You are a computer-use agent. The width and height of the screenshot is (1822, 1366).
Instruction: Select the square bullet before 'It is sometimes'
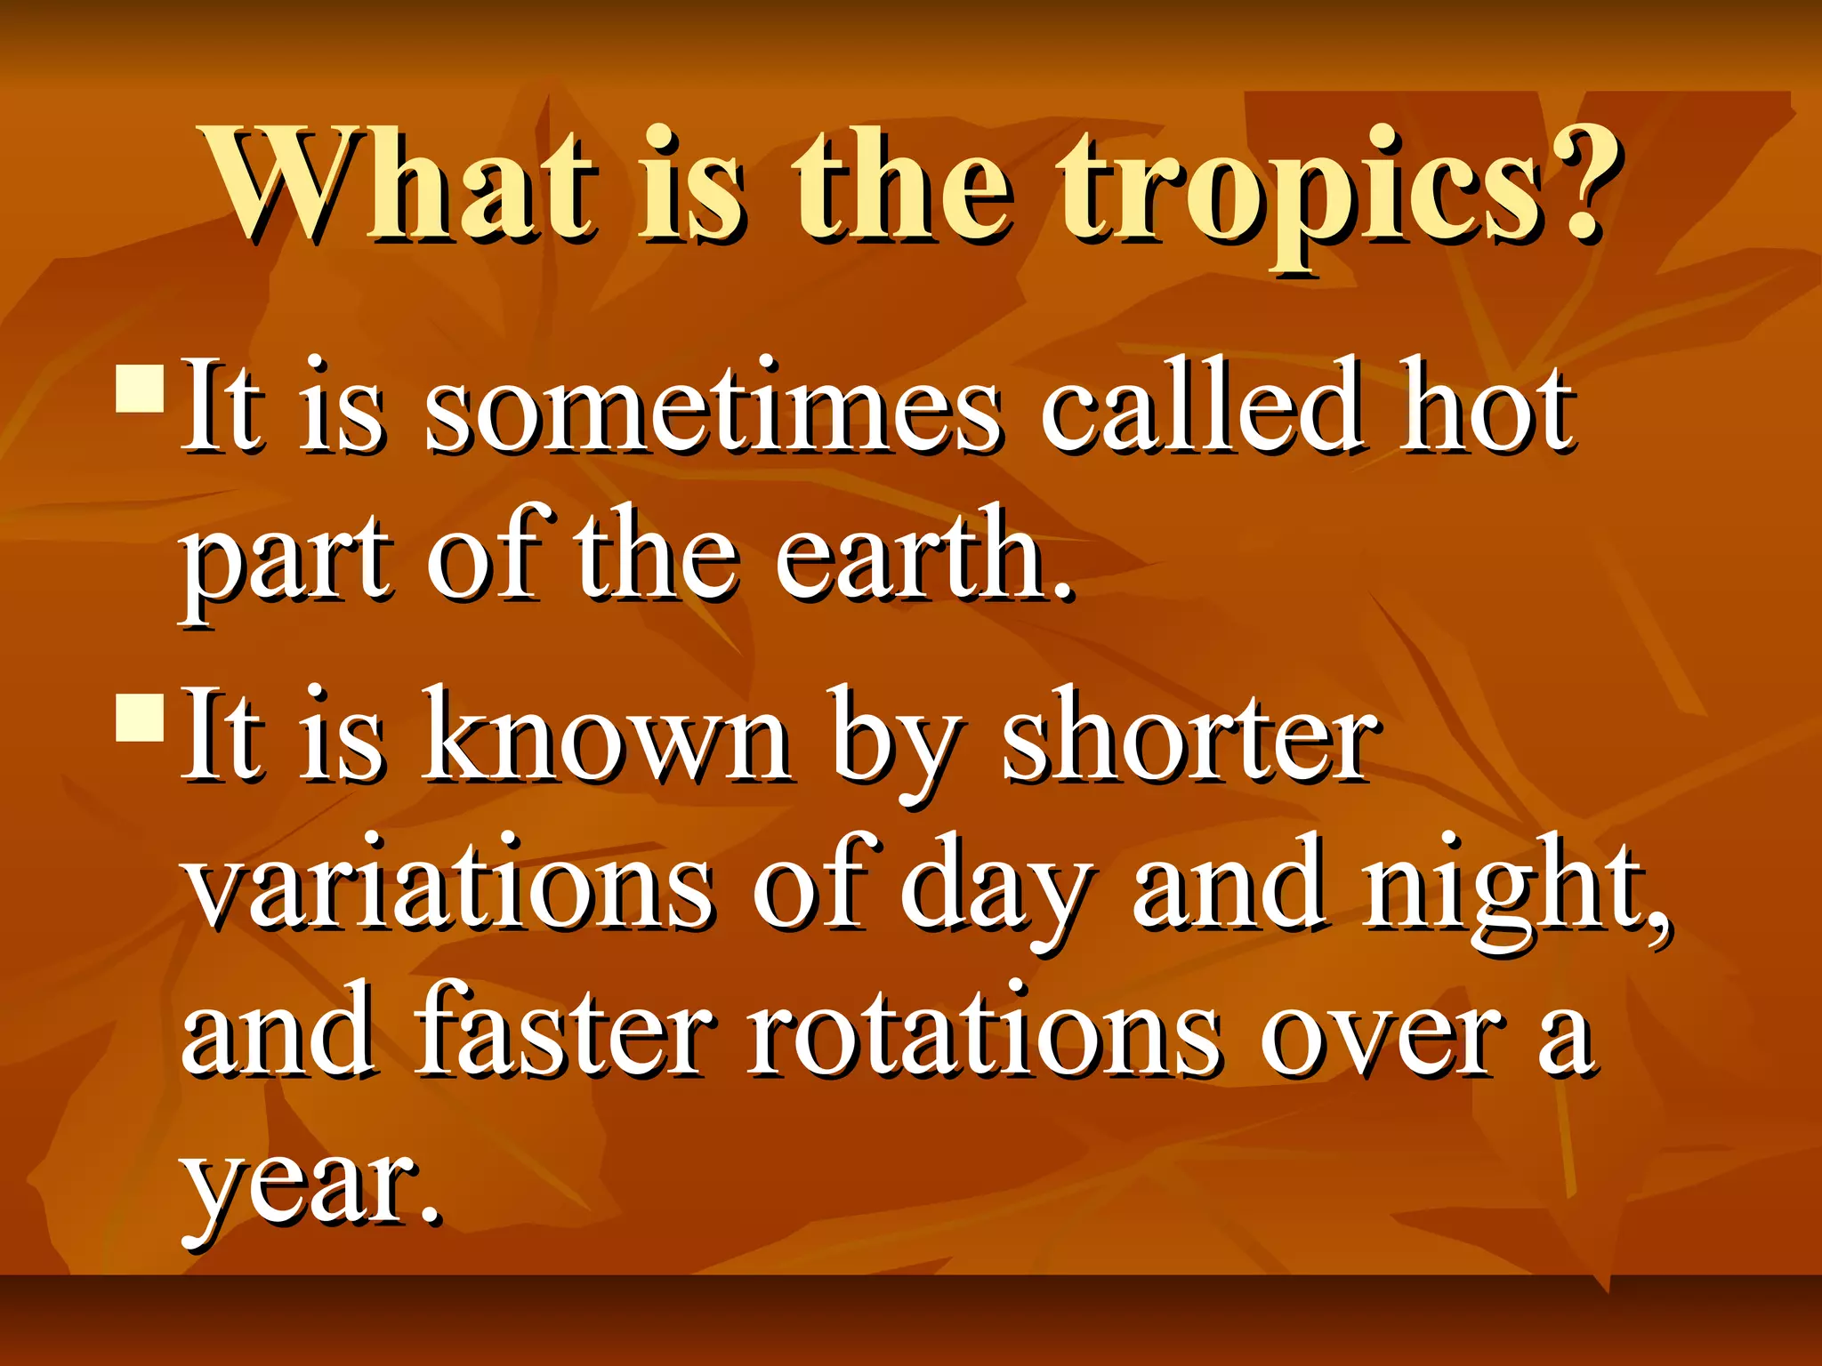coord(140,386)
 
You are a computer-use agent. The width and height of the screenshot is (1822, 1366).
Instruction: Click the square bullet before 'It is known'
coord(140,717)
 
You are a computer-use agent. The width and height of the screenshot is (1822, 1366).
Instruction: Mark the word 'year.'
coord(311,1187)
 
